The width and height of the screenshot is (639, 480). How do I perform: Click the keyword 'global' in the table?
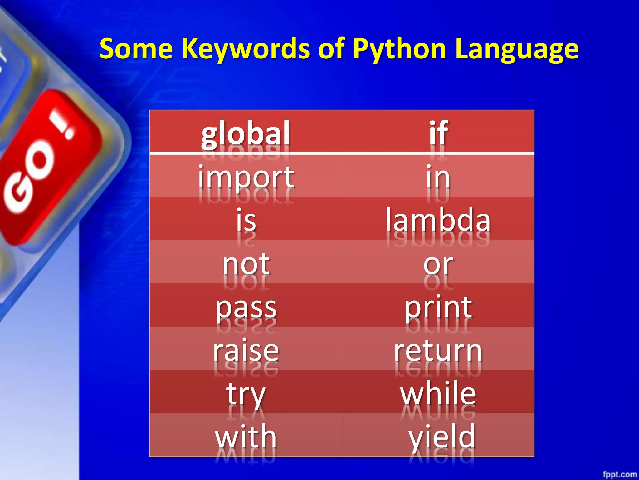tap(246, 134)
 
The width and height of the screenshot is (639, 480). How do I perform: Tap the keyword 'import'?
tap(246, 177)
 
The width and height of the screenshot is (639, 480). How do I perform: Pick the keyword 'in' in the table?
tap(438, 177)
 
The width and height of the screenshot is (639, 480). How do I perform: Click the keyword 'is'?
tap(246, 220)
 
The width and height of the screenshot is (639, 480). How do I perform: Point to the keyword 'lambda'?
tap(438, 220)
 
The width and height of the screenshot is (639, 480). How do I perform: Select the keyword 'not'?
tap(246, 264)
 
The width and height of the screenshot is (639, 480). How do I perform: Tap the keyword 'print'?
tap(438, 308)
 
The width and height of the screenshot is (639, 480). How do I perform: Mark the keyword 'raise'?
tap(246, 351)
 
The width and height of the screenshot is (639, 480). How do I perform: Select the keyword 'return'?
tap(438, 351)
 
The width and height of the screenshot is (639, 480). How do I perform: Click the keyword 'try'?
tap(246, 394)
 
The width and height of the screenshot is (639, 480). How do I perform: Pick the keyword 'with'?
tap(246, 437)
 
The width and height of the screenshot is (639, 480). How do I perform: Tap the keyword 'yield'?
tap(442, 437)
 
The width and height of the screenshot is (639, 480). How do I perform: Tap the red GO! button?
tap(47, 166)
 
